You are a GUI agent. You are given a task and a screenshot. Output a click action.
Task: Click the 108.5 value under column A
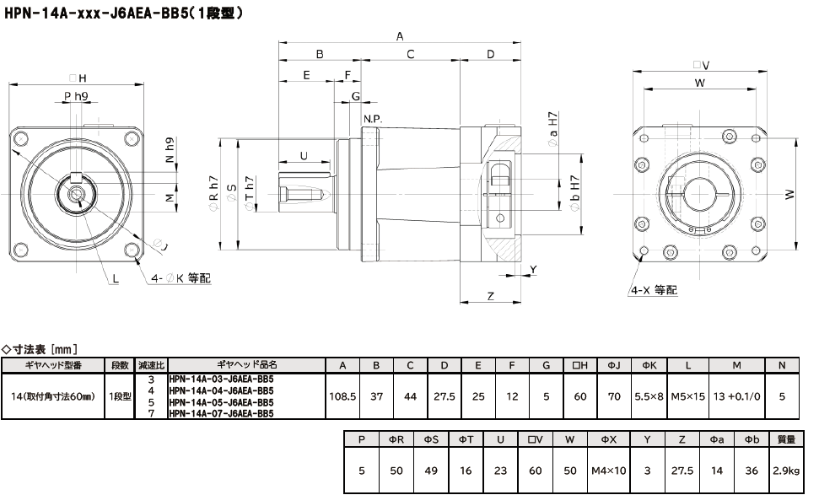pos(342,396)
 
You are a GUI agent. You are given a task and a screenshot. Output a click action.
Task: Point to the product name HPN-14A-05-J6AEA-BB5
pos(221,402)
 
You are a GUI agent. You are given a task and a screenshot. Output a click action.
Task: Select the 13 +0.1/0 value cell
pos(736,396)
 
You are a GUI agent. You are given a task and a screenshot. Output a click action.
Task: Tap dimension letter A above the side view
pos(400,36)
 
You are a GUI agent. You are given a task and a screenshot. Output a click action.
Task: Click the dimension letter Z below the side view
pos(490,295)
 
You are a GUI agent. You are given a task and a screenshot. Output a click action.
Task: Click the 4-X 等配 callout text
pos(652,289)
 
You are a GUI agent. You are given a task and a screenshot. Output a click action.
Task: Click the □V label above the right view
pos(700,65)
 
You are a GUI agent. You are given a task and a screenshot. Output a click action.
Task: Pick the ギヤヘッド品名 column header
pos(247,365)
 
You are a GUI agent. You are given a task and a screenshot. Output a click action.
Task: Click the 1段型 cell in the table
pos(121,396)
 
